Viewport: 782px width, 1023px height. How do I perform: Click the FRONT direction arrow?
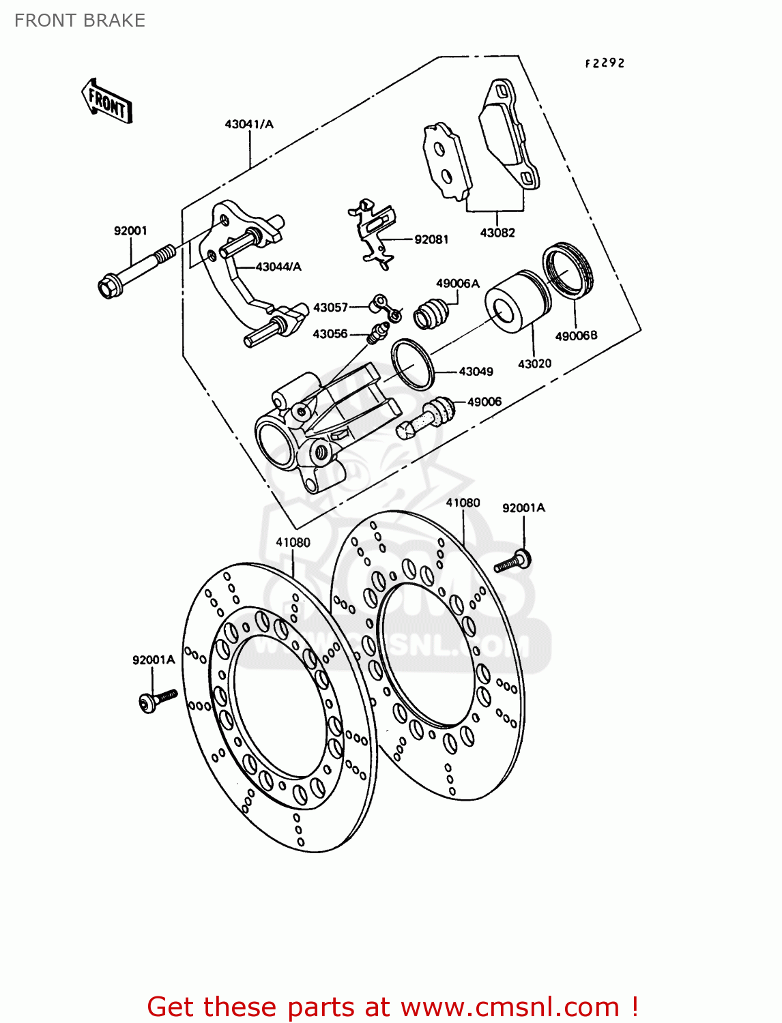point(107,102)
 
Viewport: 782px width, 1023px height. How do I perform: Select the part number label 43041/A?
point(248,124)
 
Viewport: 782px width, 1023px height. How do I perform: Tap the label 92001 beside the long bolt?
point(130,231)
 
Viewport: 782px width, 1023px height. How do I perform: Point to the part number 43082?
point(497,233)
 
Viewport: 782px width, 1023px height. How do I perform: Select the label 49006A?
point(457,284)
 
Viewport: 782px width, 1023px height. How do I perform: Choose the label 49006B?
point(576,336)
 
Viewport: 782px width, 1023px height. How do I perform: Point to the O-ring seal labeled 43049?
point(413,364)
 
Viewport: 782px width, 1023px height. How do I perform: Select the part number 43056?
point(330,334)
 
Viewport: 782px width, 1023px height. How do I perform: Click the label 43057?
point(330,308)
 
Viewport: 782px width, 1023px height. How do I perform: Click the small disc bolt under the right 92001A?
point(513,561)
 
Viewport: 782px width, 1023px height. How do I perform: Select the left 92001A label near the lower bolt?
point(154,659)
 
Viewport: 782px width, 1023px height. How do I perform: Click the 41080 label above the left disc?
point(293,542)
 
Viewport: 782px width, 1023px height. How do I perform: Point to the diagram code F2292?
point(605,63)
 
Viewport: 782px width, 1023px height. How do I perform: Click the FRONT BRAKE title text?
point(80,20)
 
